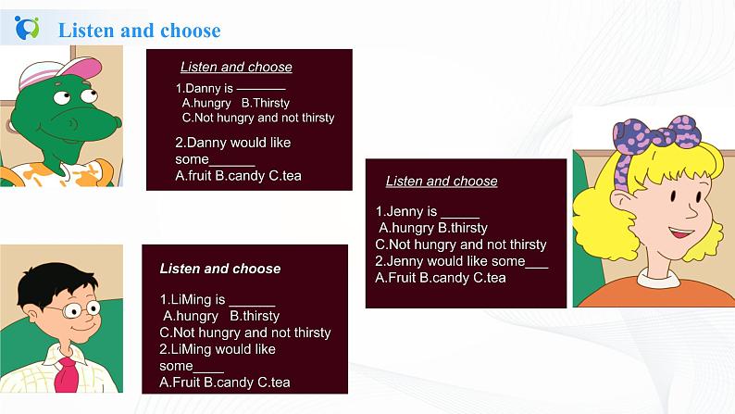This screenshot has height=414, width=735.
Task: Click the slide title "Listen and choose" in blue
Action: [x=139, y=31]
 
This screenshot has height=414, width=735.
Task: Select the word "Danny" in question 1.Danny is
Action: [x=204, y=88]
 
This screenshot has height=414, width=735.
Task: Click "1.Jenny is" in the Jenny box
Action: [x=406, y=211]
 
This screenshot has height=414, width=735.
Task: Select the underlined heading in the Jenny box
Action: [x=442, y=182]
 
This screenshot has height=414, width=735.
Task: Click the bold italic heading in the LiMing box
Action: [x=220, y=269]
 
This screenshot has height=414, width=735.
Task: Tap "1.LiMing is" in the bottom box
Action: [x=193, y=299]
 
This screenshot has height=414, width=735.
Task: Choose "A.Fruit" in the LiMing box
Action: [x=180, y=382]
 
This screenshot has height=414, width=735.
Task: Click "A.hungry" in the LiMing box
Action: [x=189, y=316]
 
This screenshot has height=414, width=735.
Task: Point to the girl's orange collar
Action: [x=647, y=291]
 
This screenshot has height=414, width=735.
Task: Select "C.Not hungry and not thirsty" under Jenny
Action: [x=461, y=245]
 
